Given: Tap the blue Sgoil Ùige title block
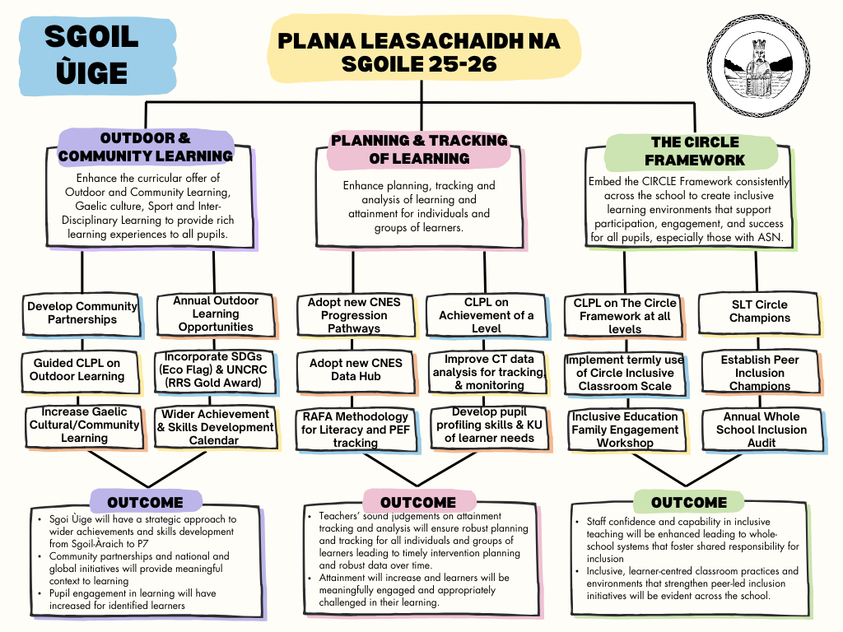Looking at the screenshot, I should tap(91, 54).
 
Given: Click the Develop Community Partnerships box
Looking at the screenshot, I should tap(82, 313).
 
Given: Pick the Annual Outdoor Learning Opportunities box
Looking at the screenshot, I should tap(216, 314).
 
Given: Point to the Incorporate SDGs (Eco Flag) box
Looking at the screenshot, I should tap(216, 370).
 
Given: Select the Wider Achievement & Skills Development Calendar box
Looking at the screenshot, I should tap(215, 427).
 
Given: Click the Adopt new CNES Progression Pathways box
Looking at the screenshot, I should tap(354, 315).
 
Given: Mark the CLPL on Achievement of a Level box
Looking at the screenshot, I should tap(486, 315).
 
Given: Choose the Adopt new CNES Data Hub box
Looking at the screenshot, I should tap(356, 369).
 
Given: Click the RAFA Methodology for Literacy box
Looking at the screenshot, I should tap(355, 430).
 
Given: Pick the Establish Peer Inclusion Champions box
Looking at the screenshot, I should tap(759, 373).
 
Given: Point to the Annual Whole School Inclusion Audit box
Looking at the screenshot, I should tap(761, 430).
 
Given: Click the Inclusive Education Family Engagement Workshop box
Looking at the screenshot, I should tap(625, 430).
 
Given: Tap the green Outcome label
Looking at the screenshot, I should tap(688, 502).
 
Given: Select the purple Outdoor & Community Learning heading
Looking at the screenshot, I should tap(146, 146).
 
